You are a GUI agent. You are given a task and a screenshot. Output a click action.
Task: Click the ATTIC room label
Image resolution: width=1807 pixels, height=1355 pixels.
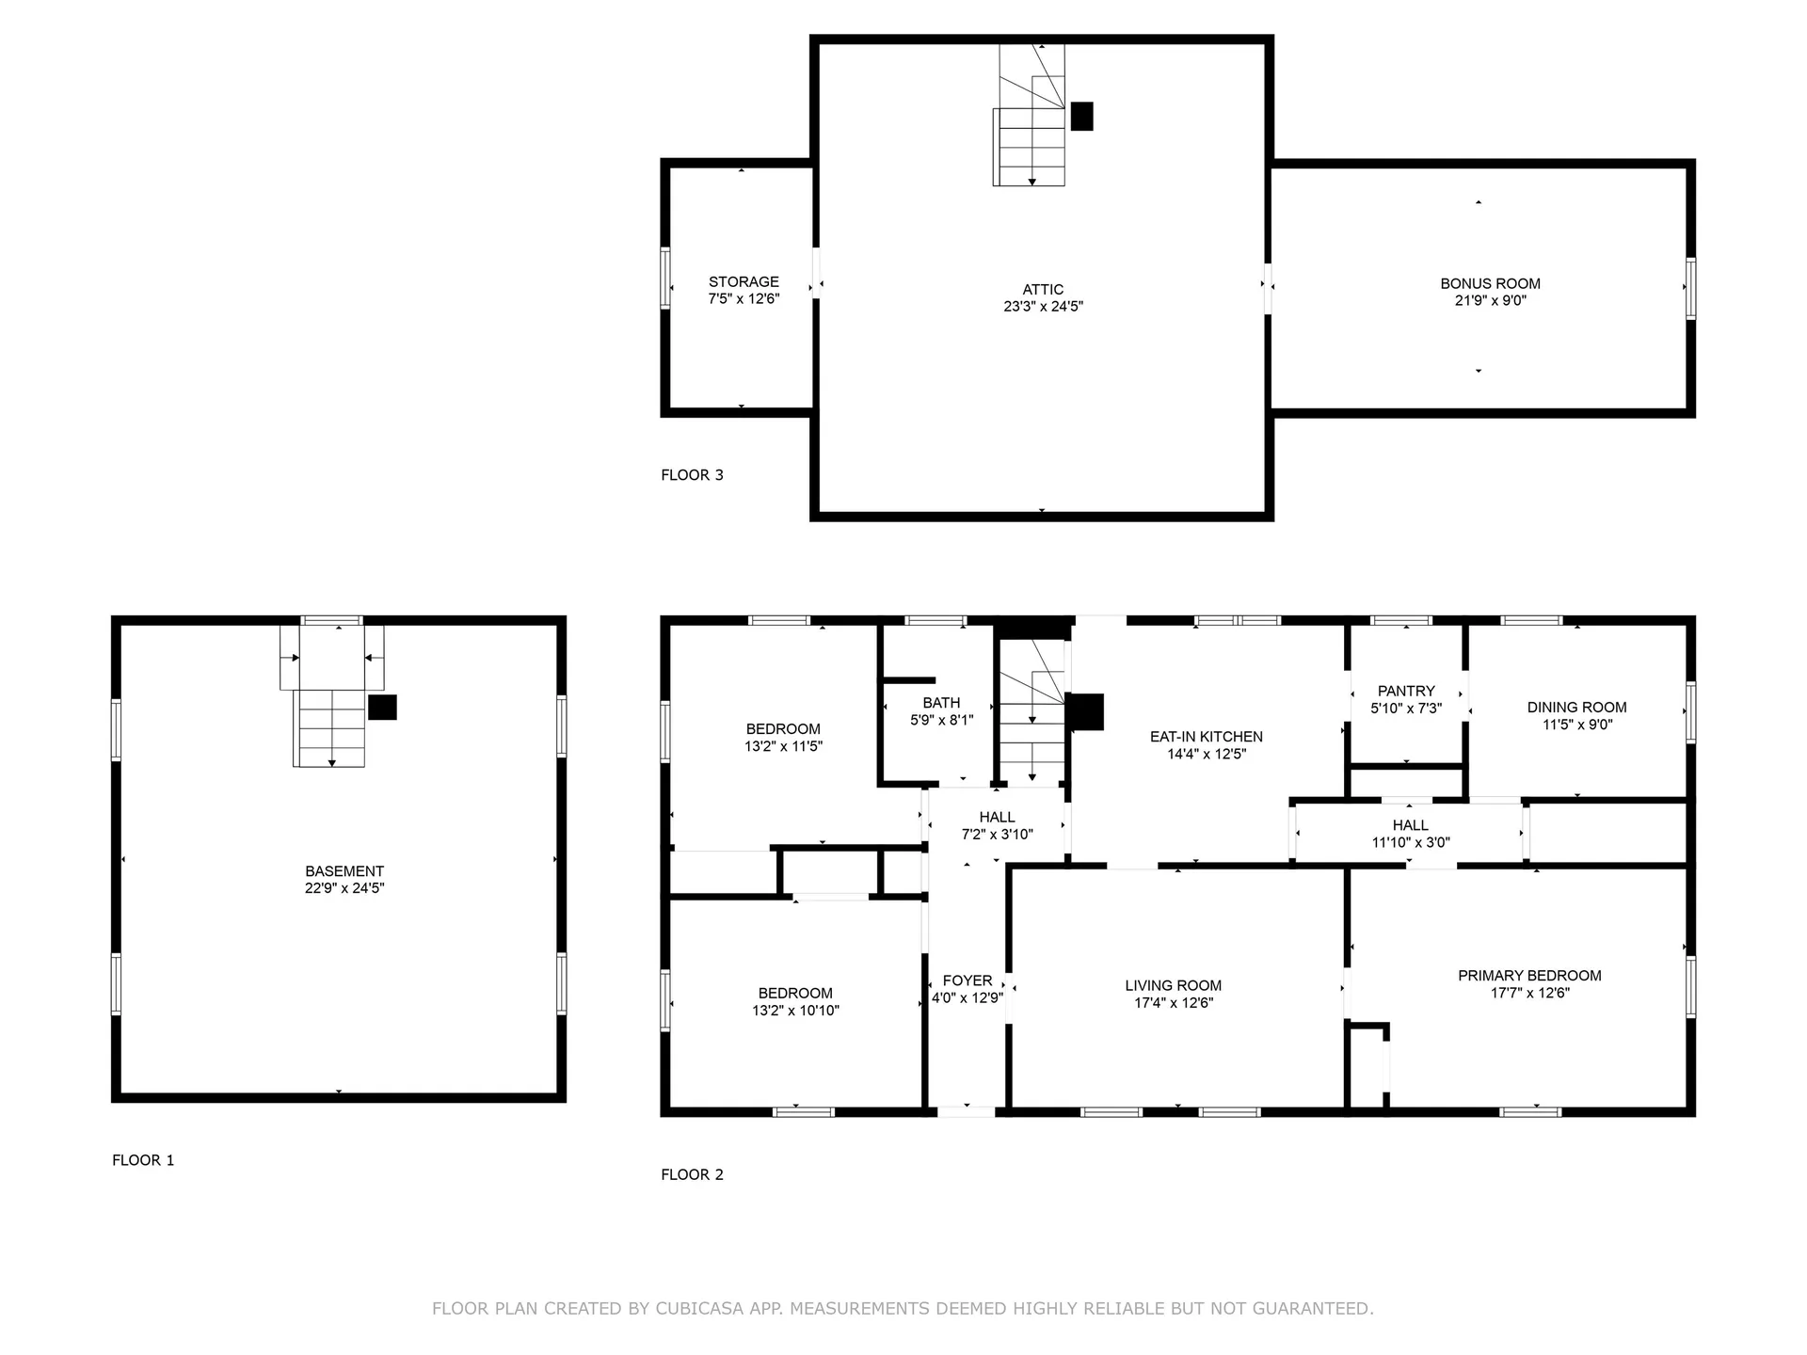click(1043, 290)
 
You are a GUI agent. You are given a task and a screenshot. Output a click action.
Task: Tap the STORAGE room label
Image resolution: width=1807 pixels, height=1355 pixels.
click(744, 281)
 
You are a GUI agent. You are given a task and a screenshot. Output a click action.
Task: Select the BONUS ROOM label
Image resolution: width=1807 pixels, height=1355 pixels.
click(1490, 283)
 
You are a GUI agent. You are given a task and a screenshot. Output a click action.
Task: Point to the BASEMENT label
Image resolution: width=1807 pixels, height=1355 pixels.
click(344, 871)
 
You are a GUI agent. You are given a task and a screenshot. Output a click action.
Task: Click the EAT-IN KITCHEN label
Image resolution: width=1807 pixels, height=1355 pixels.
click(1207, 737)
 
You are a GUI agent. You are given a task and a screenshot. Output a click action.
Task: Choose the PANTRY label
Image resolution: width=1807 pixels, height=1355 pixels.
click(1406, 691)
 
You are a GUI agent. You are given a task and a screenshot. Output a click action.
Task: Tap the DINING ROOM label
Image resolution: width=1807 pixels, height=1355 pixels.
click(1576, 708)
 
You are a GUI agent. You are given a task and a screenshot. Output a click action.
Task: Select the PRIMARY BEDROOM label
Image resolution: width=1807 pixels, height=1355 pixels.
click(1529, 976)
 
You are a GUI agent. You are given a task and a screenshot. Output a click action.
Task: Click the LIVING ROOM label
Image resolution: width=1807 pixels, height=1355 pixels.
click(1174, 985)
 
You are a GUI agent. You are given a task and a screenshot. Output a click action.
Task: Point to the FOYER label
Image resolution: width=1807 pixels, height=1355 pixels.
click(967, 980)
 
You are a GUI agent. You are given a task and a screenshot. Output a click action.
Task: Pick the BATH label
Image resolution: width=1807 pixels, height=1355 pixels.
click(941, 703)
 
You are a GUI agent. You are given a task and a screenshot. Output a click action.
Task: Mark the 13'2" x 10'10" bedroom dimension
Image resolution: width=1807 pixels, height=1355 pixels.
click(795, 1011)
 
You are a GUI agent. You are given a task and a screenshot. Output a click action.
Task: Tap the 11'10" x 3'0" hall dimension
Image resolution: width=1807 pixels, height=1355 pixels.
click(1411, 843)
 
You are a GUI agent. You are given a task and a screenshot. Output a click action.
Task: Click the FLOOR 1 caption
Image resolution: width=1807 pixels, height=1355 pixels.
click(143, 1160)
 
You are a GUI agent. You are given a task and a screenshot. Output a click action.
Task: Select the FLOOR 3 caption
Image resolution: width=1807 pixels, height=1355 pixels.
click(692, 475)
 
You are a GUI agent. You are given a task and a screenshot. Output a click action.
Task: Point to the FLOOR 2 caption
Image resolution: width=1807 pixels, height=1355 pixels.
click(692, 1174)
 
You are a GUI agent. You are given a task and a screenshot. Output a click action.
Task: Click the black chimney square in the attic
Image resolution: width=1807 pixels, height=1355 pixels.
click(1082, 116)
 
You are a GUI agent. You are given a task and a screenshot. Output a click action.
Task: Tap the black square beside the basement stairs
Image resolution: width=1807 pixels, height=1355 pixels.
click(382, 708)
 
